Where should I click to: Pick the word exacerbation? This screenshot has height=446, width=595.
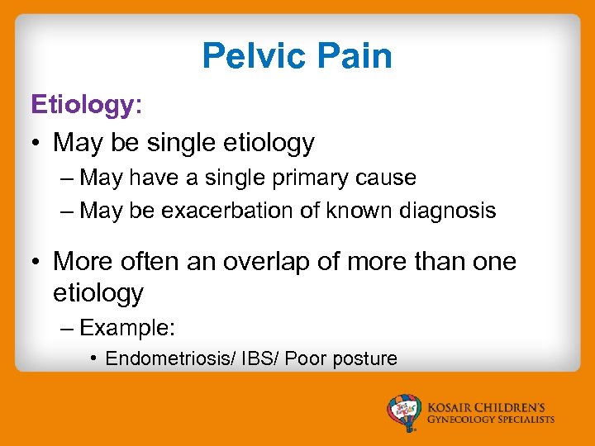(222, 211)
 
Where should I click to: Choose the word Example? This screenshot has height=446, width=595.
(127, 327)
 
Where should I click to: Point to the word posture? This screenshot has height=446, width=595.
(364, 358)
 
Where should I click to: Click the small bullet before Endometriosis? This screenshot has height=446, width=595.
(94, 358)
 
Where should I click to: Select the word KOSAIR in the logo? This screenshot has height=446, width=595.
(452, 406)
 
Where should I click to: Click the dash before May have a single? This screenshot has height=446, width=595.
(68, 178)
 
